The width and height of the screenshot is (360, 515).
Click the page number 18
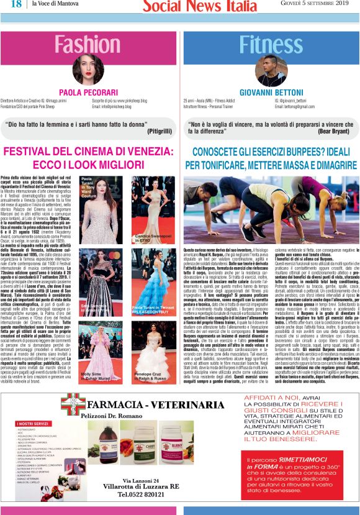click(x=16, y=4)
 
